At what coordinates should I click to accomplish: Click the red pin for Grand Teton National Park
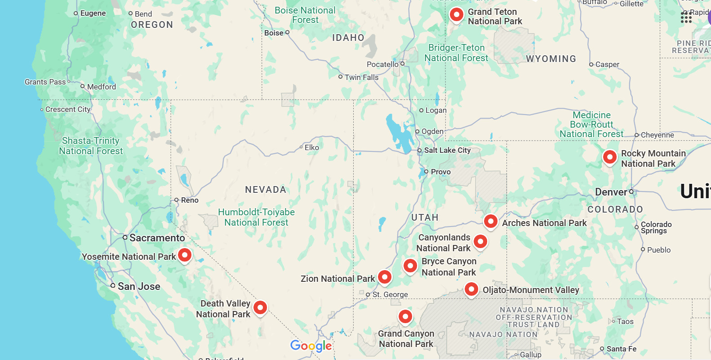[456, 15]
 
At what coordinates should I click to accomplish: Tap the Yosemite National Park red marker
[185, 255]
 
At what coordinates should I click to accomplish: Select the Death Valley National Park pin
[260, 307]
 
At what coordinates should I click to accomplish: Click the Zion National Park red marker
[385, 277]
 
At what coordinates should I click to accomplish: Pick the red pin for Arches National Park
[490, 221]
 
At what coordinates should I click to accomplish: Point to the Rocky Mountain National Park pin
[609, 157]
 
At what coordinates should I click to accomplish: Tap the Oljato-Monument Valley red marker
[471, 289]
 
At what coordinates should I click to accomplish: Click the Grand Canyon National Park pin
[405, 316]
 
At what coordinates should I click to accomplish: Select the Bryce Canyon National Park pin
[410, 266]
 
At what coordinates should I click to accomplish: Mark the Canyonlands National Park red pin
[480, 241]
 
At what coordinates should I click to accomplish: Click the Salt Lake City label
[447, 150]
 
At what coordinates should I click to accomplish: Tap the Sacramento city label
[157, 238]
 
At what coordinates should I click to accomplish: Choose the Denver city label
[611, 192]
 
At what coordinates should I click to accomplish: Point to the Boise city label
[274, 33]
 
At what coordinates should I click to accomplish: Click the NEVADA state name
[266, 190]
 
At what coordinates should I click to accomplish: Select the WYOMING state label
[551, 59]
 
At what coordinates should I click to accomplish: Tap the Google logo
[311, 346]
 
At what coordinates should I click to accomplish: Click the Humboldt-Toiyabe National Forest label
[256, 217]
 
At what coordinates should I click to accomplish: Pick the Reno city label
[190, 200]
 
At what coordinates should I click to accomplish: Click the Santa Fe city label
[621, 349]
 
